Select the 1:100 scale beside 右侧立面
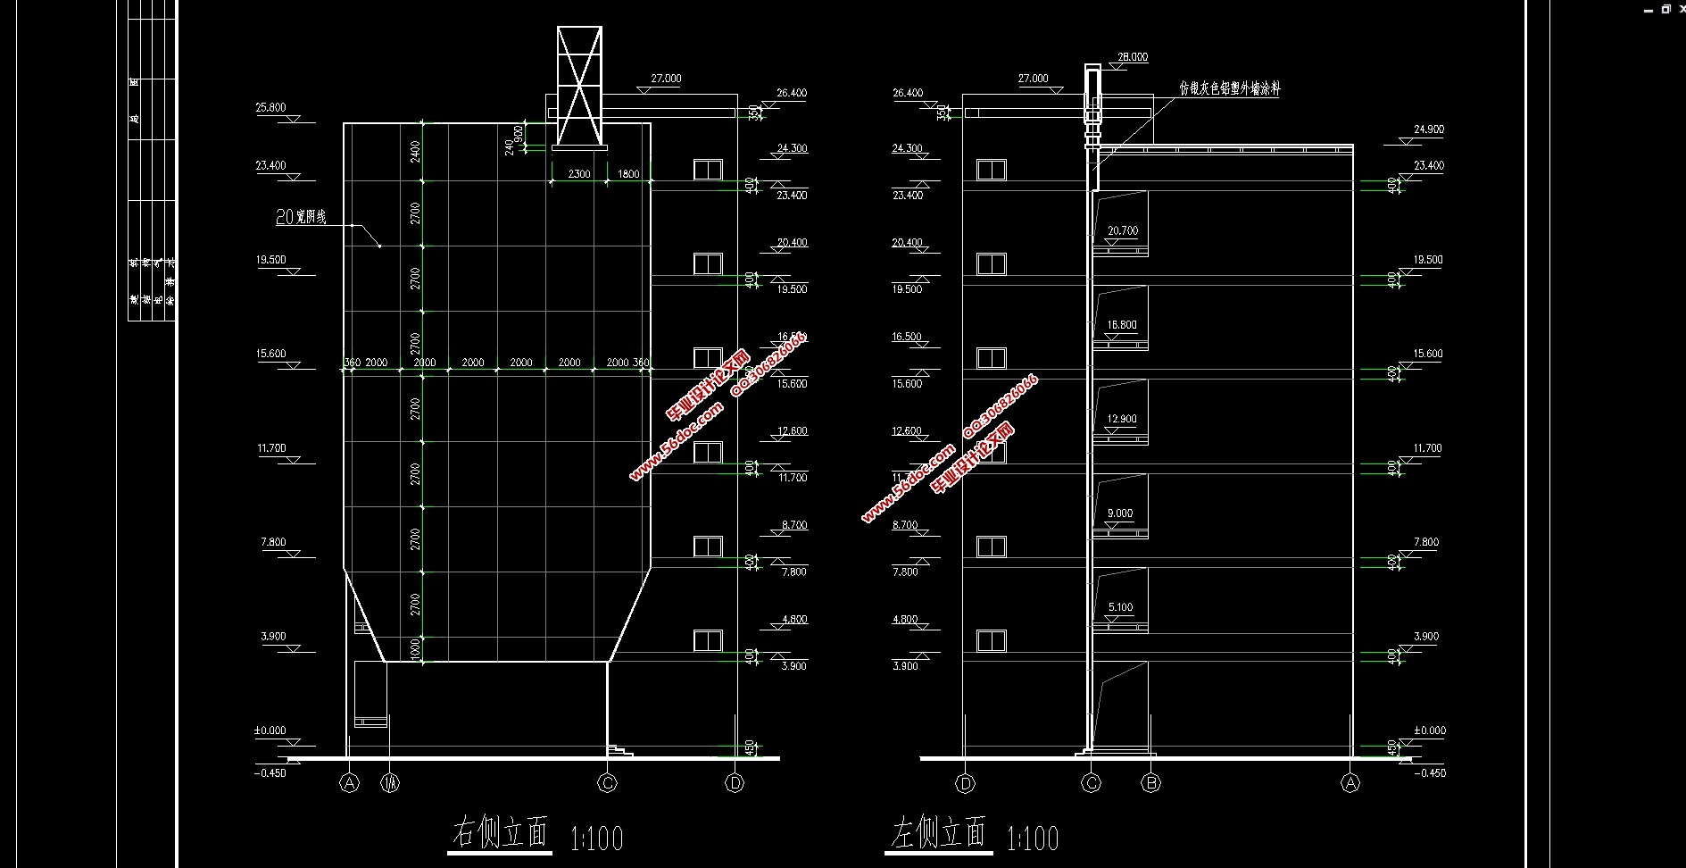[596, 838]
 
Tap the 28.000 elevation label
[1133, 57]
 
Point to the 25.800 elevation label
[270, 107]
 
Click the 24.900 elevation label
[1428, 129]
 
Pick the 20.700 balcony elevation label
[1122, 230]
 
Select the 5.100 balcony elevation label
[1120, 607]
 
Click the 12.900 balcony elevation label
[1122, 419]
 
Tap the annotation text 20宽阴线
[301, 217]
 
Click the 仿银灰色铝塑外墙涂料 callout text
[1229, 88]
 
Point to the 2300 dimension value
[579, 174]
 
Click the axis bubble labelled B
[1151, 783]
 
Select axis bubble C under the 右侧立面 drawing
[607, 783]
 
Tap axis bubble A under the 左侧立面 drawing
[1350, 783]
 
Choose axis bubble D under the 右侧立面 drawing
[735, 783]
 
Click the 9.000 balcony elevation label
[1120, 513]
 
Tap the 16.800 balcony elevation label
[1122, 325]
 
